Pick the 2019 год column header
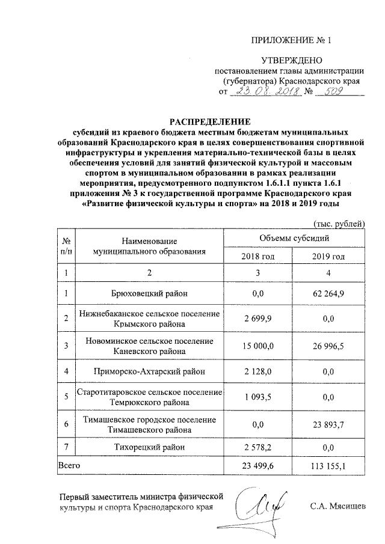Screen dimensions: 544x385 [328, 257]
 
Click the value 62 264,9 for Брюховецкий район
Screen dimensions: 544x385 [328, 294]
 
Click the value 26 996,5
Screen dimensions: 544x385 [328, 345]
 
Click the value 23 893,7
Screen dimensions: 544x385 [328, 424]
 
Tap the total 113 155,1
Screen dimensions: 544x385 [328, 465]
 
